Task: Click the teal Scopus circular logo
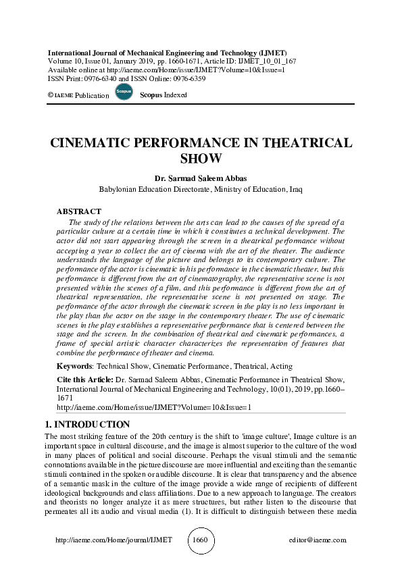click(x=124, y=92)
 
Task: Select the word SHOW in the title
click(x=201, y=159)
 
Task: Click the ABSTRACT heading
click(x=78, y=211)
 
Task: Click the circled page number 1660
click(x=201, y=540)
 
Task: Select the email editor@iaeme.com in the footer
click(x=317, y=540)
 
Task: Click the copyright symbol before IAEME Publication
click(x=50, y=95)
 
